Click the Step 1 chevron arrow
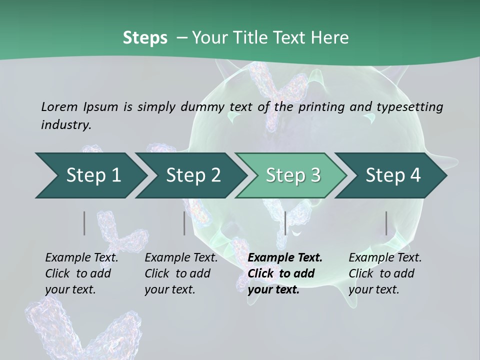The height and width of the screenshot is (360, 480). (90, 175)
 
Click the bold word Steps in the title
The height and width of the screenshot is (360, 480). (145, 37)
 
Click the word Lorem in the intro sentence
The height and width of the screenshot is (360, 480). (59, 106)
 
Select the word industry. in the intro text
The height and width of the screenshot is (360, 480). (66, 124)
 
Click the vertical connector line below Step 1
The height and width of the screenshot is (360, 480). (84, 223)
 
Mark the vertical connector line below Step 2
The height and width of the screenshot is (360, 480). (184, 223)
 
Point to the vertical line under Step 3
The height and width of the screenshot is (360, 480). (285, 223)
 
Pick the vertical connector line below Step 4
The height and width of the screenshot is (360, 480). (386, 223)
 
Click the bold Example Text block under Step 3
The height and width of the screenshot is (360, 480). (285, 273)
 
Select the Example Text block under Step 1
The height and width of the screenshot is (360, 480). (81, 273)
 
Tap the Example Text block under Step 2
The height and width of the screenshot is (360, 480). (181, 273)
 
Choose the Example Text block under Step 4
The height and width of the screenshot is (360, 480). (385, 273)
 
